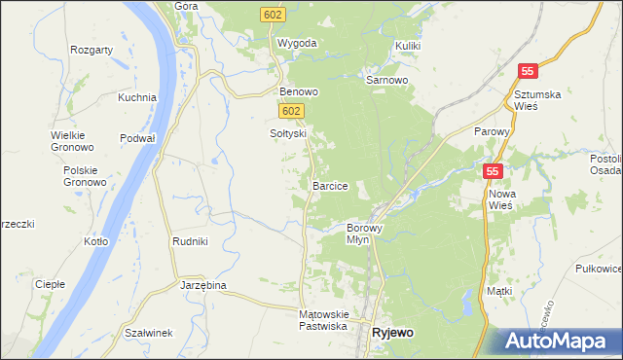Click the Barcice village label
(330, 185)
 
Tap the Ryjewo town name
(392, 333)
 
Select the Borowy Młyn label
(365, 234)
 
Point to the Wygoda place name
(297, 44)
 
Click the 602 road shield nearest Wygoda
(273, 14)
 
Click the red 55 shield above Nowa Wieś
(494, 170)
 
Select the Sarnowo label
(386, 80)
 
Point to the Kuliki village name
(408, 46)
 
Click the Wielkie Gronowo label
(72, 141)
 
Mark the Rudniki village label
(190, 241)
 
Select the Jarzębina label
(203, 285)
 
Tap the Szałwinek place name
(149, 333)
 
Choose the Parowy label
(492, 131)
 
